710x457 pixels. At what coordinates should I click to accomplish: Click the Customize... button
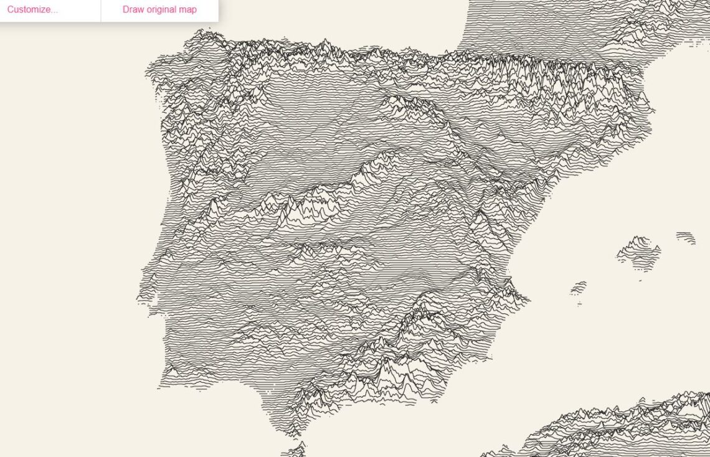[x=32, y=9]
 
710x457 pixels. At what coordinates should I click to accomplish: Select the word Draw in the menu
[x=133, y=9]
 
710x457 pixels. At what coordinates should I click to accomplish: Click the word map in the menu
[x=187, y=9]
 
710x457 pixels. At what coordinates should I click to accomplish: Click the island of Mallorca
[x=638, y=251]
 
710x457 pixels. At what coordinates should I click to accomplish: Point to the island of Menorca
[x=686, y=237]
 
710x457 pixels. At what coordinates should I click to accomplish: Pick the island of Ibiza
[x=579, y=288]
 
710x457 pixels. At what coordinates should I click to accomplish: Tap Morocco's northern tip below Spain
[x=296, y=450]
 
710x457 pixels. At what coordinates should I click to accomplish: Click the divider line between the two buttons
[x=101, y=10]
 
